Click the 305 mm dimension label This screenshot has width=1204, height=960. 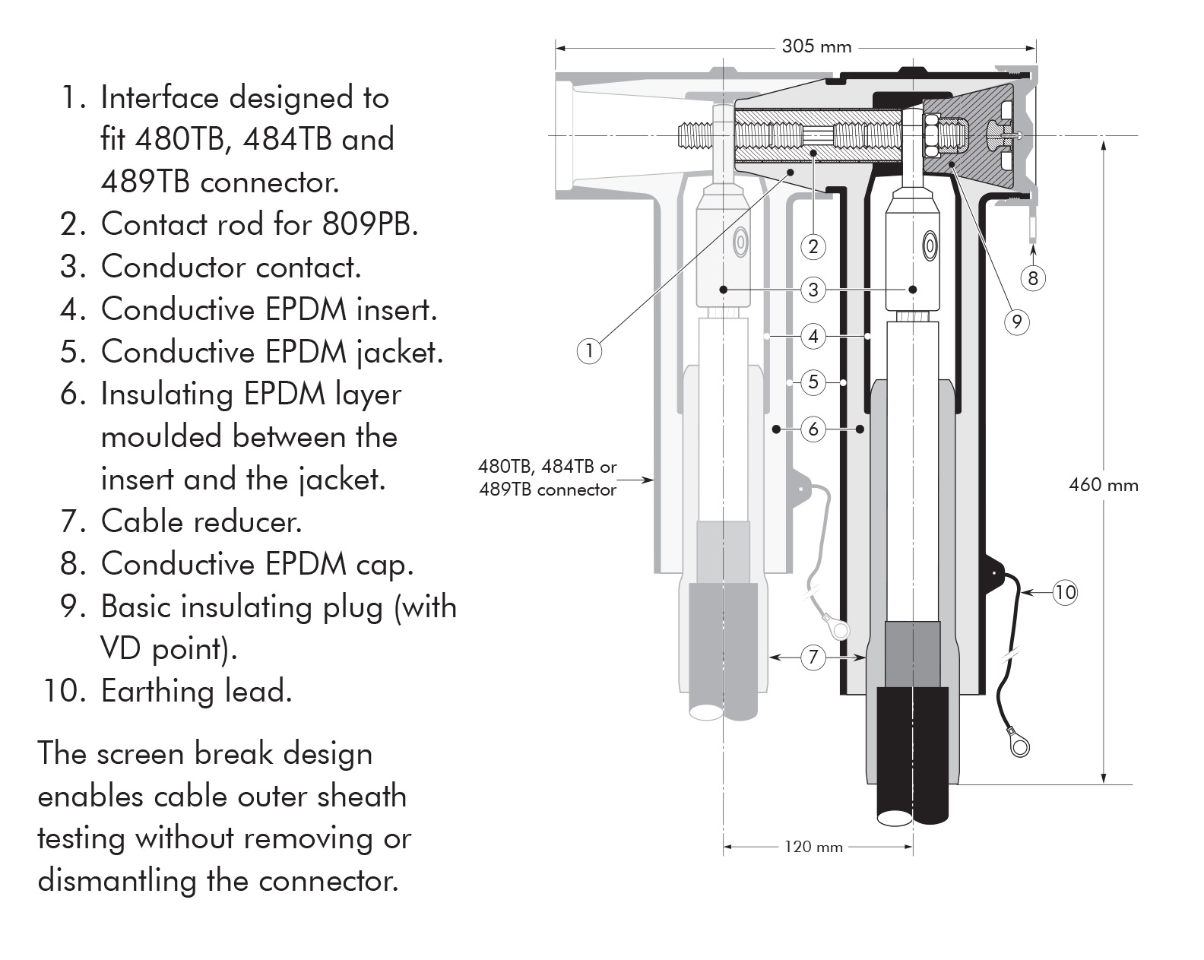point(816,47)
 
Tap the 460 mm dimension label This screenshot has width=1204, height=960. point(1103,485)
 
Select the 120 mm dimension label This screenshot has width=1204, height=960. point(813,847)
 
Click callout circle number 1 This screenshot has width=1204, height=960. point(589,350)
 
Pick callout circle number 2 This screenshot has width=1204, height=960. point(813,246)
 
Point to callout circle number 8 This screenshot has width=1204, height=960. point(1032,278)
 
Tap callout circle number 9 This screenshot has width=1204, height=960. point(1017,322)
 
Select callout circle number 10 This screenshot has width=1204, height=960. point(1065,592)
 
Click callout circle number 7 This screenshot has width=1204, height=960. point(813,657)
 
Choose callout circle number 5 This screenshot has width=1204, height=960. point(813,382)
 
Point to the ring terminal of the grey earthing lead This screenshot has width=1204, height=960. point(838,628)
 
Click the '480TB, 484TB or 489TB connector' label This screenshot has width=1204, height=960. point(547,478)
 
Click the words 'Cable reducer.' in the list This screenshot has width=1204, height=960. point(201,521)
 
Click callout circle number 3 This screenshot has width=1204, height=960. point(813,290)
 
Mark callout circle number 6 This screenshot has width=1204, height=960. point(813,429)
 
